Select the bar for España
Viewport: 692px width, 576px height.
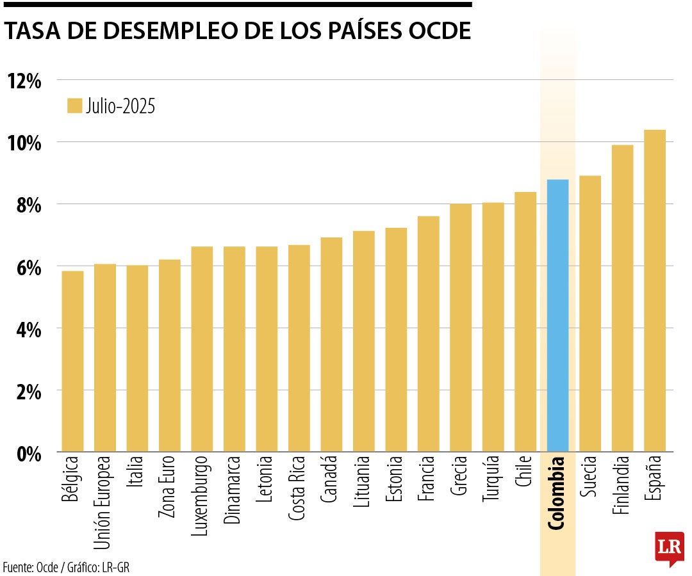coord(654,291)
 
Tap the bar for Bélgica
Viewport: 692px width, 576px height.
coord(72,362)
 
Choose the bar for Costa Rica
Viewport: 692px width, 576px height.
coord(299,349)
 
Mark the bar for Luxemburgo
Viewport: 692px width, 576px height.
coord(202,349)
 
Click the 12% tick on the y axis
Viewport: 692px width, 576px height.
coord(24,81)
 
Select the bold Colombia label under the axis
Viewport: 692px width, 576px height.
coord(557,493)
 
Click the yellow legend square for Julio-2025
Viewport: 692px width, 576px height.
coord(75,106)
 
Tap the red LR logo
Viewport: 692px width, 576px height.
coord(668,548)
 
